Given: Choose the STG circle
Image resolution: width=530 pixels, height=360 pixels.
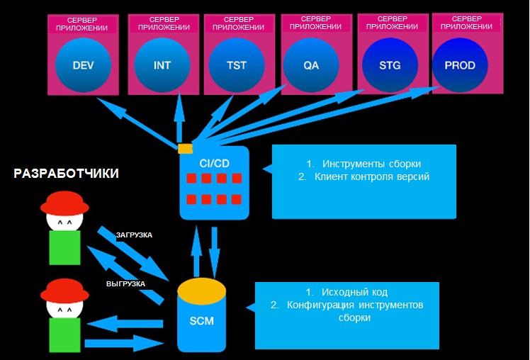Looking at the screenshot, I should coord(390,64).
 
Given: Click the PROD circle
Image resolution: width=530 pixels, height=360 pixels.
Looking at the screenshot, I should coord(460,64).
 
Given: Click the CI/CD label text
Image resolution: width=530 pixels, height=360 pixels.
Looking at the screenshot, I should coord(214,163).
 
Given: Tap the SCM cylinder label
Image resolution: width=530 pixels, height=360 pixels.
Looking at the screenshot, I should coord(201,320).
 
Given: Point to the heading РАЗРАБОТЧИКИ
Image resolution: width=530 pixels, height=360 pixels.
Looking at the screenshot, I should coord(66,174).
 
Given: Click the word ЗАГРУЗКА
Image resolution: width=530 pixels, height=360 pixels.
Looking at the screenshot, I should coord(134,235).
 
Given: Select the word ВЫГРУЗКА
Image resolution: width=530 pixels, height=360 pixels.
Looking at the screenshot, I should coord(125,283).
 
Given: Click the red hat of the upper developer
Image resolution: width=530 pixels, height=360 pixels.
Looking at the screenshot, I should coord(64,204).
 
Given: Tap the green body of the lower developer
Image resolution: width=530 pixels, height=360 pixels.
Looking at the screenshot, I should coord(64,335).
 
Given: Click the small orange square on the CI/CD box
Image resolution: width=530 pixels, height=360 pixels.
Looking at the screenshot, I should coord(185,148).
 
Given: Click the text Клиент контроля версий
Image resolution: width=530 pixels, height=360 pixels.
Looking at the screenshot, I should coord(372,176).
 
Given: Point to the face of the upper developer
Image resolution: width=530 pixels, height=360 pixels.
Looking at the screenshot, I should coord(64,223).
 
